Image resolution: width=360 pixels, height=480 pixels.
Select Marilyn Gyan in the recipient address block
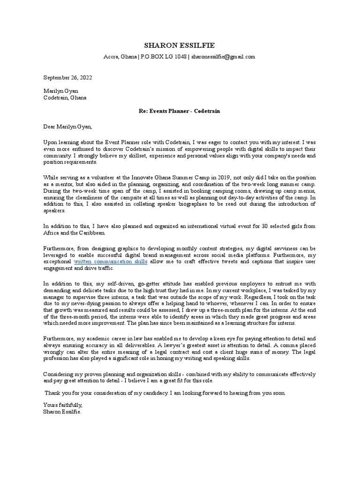tap(60, 91)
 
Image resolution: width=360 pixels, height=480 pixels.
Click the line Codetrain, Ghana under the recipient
tap(65, 97)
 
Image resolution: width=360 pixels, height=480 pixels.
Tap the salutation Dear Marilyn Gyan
tap(68, 127)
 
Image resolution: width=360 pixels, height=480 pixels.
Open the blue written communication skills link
tap(111, 262)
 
